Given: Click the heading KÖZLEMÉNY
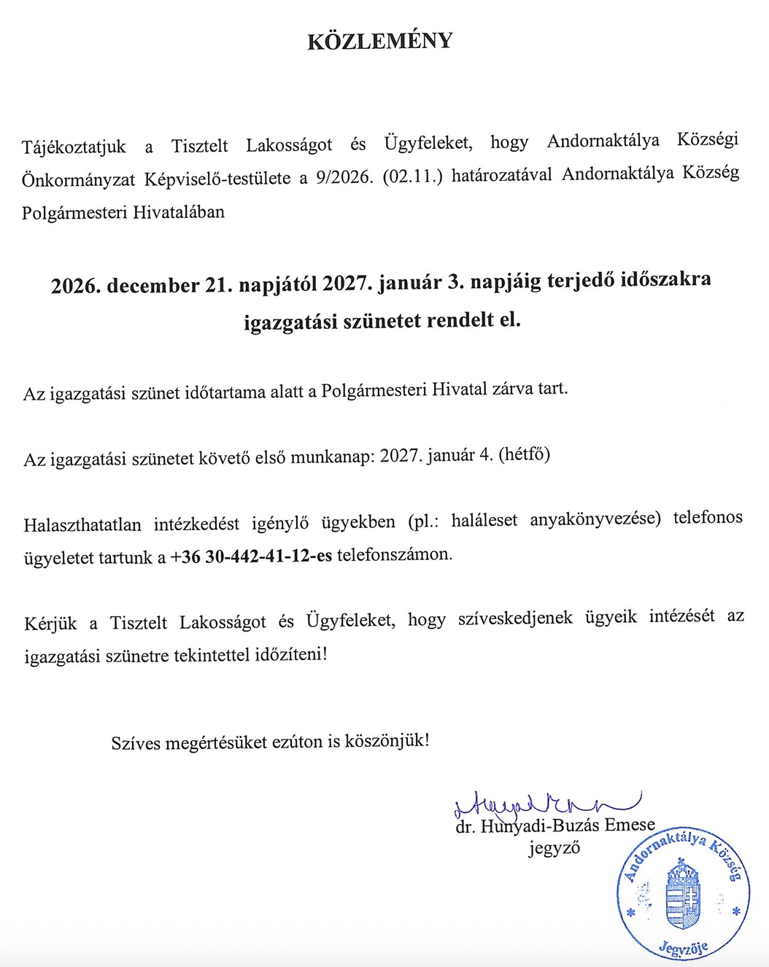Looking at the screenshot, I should [x=380, y=41].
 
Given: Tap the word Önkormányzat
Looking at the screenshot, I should [x=78, y=179].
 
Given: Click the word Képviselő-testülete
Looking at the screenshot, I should [x=217, y=179].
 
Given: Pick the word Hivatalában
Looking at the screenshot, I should [x=179, y=212].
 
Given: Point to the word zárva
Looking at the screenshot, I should [x=513, y=389].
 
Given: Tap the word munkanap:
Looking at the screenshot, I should [x=333, y=457].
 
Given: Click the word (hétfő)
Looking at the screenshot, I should [x=524, y=454].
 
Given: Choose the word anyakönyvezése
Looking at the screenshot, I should [x=595, y=519].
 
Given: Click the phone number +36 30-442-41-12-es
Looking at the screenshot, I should [x=251, y=556].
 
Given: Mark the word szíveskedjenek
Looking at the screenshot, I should [x=515, y=619].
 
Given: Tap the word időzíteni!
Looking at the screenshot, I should [x=291, y=654].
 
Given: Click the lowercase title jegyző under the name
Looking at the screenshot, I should [x=554, y=848].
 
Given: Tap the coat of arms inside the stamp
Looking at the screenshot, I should [x=683, y=896].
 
